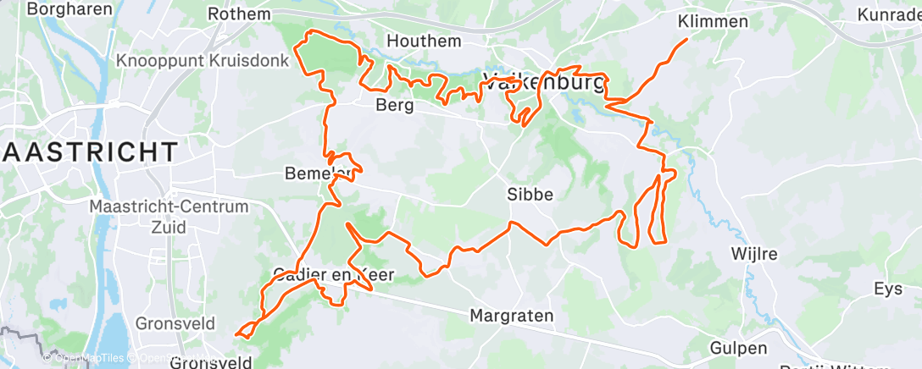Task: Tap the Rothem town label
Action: pyautogui.click(x=239, y=14)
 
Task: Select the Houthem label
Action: pyautogui.click(x=424, y=41)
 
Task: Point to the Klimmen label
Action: pyautogui.click(x=714, y=21)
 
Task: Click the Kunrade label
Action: pyautogui.click(x=888, y=15)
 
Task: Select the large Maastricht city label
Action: pyautogui.click(x=88, y=152)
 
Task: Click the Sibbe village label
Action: pyautogui.click(x=530, y=194)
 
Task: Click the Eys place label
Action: pyautogui.click(x=888, y=289)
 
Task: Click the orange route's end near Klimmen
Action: pyautogui.click(x=686, y=39)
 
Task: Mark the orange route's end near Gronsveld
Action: pyautogui.click(x=236, y=334)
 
